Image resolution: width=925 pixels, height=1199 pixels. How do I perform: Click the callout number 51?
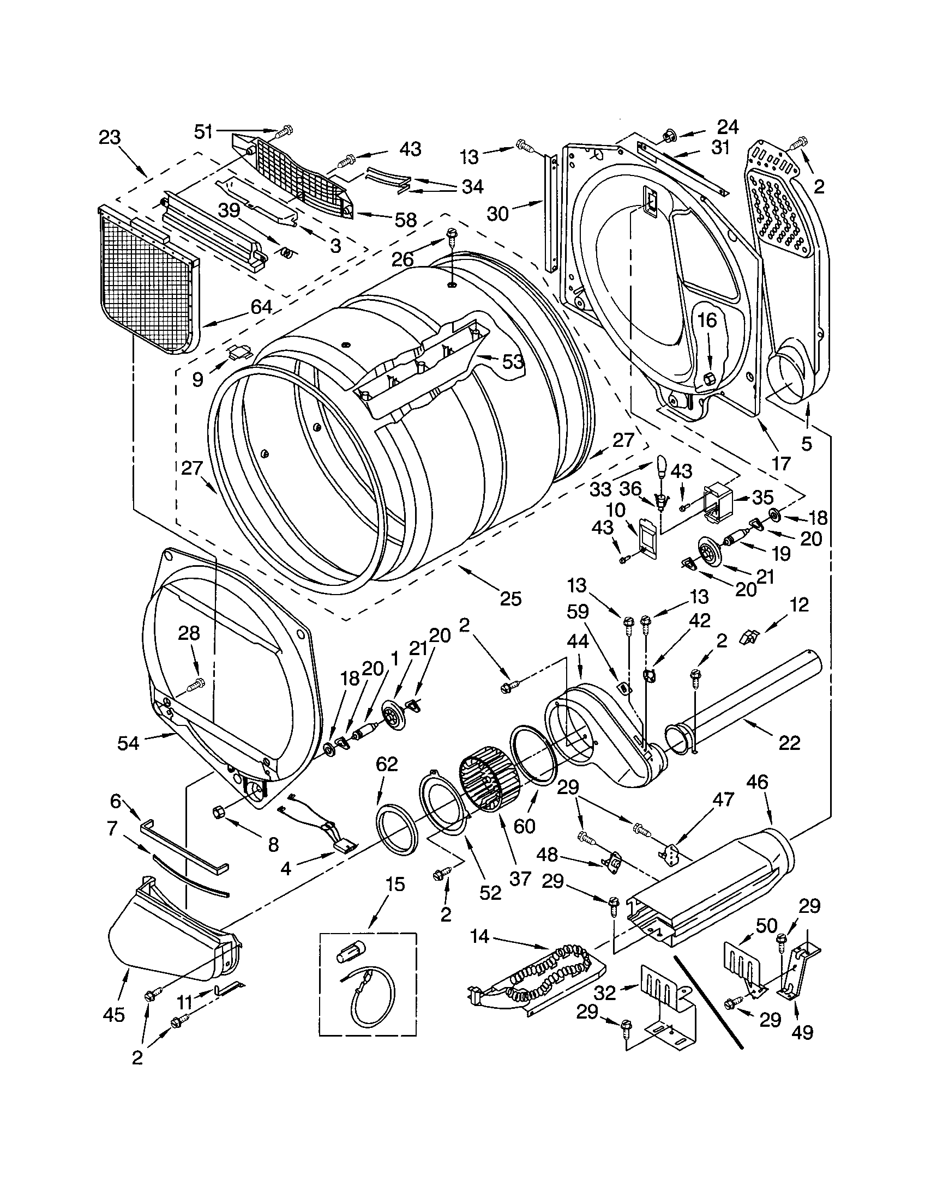coord(203,132)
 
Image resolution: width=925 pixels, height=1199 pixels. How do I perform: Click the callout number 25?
coord(510,599)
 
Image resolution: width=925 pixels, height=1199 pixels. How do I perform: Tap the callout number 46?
coord(757,782)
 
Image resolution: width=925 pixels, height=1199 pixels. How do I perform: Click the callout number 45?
coord(113,1015)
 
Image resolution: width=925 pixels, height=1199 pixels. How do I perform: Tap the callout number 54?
coord(128,743)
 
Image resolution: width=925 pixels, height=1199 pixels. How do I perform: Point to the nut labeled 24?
coord(669,134)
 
